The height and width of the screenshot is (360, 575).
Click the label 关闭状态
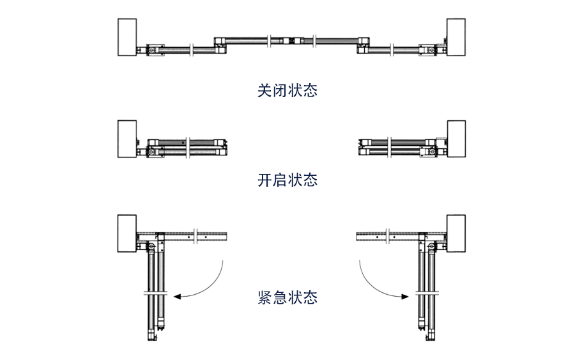[287, 91]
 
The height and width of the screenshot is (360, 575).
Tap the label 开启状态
[287, 180]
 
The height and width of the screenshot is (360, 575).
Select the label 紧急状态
[287, 297]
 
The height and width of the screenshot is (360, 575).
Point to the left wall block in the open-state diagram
[127, 138]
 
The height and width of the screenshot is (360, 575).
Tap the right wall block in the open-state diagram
[456, 138]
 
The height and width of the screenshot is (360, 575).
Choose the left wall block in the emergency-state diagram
[127, 235]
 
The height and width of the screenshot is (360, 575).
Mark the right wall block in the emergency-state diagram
[456, 235]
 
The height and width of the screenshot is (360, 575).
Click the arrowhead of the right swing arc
[407, 296]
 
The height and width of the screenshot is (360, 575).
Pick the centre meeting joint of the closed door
[291, 40]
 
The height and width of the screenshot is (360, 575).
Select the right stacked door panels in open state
[397, 146]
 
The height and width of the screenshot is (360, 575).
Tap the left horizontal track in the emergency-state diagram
[198, 236]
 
